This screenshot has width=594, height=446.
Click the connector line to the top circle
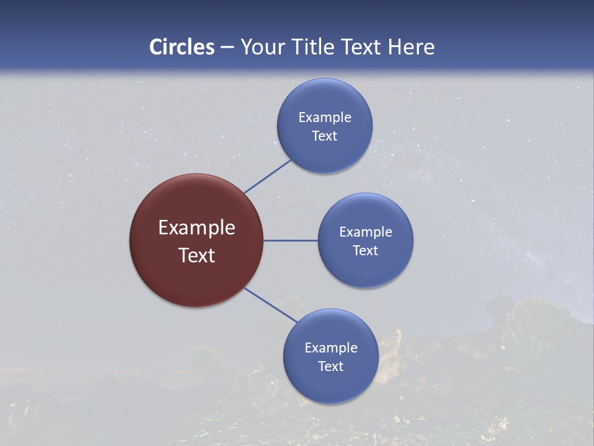(x=267, y=177)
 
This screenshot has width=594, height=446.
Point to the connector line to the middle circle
(x=290, y=240)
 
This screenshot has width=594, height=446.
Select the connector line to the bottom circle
(x=270, y=305)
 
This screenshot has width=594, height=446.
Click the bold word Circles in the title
(x=182, y=47)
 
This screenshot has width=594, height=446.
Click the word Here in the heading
(x=411, y=47)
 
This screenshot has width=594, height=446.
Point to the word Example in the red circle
(x=197, y=228)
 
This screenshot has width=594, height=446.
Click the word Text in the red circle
(x=197, y=255)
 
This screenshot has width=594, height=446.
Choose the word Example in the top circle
(x=325, y=117)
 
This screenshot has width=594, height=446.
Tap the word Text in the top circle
(x=324, y=136)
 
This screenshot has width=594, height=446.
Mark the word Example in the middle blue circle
(x=366, y=232)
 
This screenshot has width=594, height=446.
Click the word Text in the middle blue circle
(x=365, y=250)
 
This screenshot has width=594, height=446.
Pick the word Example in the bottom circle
(x=331, y=348)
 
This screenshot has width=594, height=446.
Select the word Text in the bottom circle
(x=330, y=366)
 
